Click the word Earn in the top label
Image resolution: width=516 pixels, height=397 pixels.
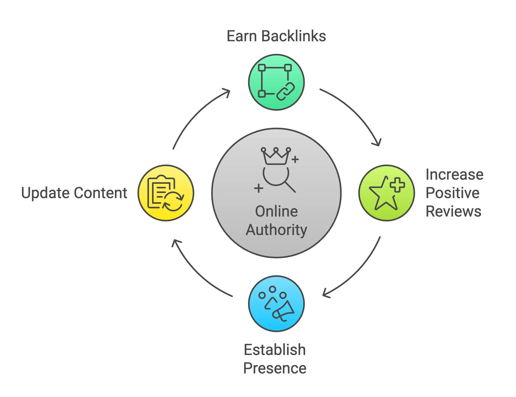[x=242, y=36]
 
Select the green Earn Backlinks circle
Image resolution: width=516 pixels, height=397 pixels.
[x=276, y=82]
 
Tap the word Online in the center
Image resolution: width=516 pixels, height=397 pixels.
[x=276, y=211]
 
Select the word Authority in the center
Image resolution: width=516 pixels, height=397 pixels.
[x=276, y=230]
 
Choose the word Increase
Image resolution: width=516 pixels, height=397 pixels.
[x=454, y=175]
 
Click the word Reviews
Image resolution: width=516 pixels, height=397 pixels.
[x=453, y=211]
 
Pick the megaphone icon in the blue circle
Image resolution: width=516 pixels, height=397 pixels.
[x=283, y=311]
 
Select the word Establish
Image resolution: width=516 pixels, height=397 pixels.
[x=275, y=350]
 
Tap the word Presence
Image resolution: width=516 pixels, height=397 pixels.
[x=275, y=368]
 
